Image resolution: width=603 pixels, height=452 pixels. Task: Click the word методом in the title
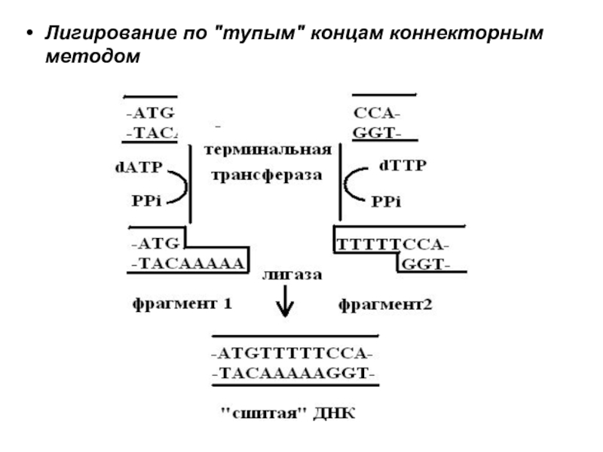[x=92, y=56]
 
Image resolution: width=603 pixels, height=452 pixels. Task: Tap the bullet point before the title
[x=29, y=36]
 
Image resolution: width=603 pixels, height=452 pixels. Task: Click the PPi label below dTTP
[x=386, y=202]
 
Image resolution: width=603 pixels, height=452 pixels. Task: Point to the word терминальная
[x=268, y=149]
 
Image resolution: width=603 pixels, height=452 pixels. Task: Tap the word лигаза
[x=292, y=276]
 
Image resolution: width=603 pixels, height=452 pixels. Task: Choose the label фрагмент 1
[x=181, y=305]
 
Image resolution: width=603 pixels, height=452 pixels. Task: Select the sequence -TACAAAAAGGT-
[x=294, y=373]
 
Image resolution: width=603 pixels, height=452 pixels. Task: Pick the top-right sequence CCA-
[x=377, y=114]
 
